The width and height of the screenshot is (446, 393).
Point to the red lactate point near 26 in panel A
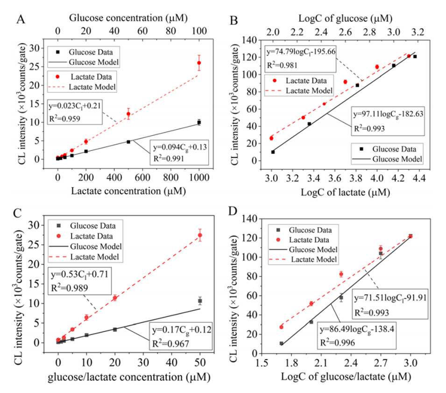199,63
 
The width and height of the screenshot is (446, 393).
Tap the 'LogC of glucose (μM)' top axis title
345,18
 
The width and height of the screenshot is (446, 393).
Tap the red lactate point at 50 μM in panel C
200,235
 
